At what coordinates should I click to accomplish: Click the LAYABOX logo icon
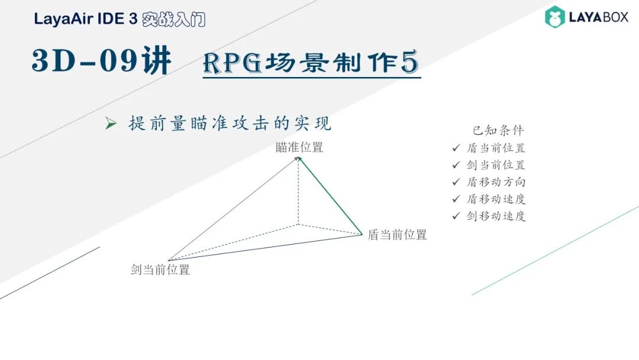(x=555, y=17)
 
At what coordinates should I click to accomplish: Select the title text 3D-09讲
(x=102, y=62)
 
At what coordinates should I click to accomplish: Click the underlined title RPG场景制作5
(x=311, y=62)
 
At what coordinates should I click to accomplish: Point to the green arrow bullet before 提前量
(x=110, y=124)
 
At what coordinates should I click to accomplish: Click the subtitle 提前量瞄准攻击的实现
(x=230, y=123)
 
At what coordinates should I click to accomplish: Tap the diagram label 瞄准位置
(x=299, y=147)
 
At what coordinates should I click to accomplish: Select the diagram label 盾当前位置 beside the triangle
(x=397, y=234)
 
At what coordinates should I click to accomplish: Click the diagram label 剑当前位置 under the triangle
(x=160, y=270)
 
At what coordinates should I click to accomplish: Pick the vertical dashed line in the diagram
(x=298, y=192)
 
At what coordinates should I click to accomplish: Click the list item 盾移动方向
(x=496, y=182)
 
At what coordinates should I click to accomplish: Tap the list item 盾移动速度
(x=496, y=199)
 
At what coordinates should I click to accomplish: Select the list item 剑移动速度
(x=496, y=216)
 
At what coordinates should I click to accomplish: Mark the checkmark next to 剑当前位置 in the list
(x=456, y=165)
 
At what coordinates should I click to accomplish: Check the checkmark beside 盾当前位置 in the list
(x=456, y=148)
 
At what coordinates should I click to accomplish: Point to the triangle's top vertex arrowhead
(x=298, y=159)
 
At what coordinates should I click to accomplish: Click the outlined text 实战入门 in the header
(x=174, y=19)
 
